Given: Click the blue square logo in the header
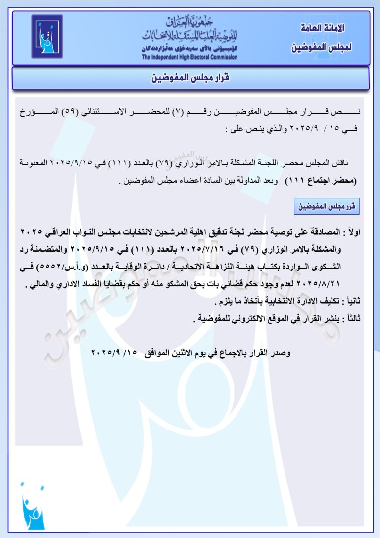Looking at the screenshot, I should pos(47,37).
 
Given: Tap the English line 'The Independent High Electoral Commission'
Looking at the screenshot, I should pos(190,57).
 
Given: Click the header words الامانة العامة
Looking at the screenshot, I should pos(323,28).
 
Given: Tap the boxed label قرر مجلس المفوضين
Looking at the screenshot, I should pos(327,206).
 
